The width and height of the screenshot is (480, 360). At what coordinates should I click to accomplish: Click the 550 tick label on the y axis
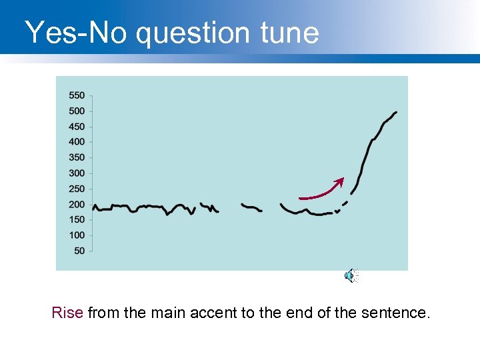[x=77, y=95]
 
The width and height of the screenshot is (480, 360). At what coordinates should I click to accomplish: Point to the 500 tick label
[x=77, y=111]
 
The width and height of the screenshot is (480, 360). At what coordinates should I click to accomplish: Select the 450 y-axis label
[x=77, y=127]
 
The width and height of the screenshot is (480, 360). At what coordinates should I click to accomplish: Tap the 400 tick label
[x=77, y=141]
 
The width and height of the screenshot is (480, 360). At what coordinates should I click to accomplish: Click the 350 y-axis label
[x=77, y=157]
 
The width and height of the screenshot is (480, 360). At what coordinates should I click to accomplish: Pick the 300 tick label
[x=77, y=173]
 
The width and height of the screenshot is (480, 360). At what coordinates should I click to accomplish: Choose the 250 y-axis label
[x=77, y=189]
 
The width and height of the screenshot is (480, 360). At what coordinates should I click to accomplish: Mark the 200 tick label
[x=77, y=204]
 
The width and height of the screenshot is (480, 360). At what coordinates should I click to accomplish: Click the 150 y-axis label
[x=77, y=219]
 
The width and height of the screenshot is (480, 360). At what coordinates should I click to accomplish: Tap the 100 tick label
[x=77, y=235]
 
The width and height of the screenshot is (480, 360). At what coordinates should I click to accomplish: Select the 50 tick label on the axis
[x=79, y=251]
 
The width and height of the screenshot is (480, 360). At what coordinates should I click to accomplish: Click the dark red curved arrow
[x=321, y=193]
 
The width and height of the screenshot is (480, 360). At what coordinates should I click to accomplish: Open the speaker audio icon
[x=351, y=275]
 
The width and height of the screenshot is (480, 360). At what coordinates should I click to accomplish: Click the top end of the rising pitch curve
[x=396, y=113]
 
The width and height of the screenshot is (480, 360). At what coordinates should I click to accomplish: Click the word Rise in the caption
[x=67, y=312]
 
